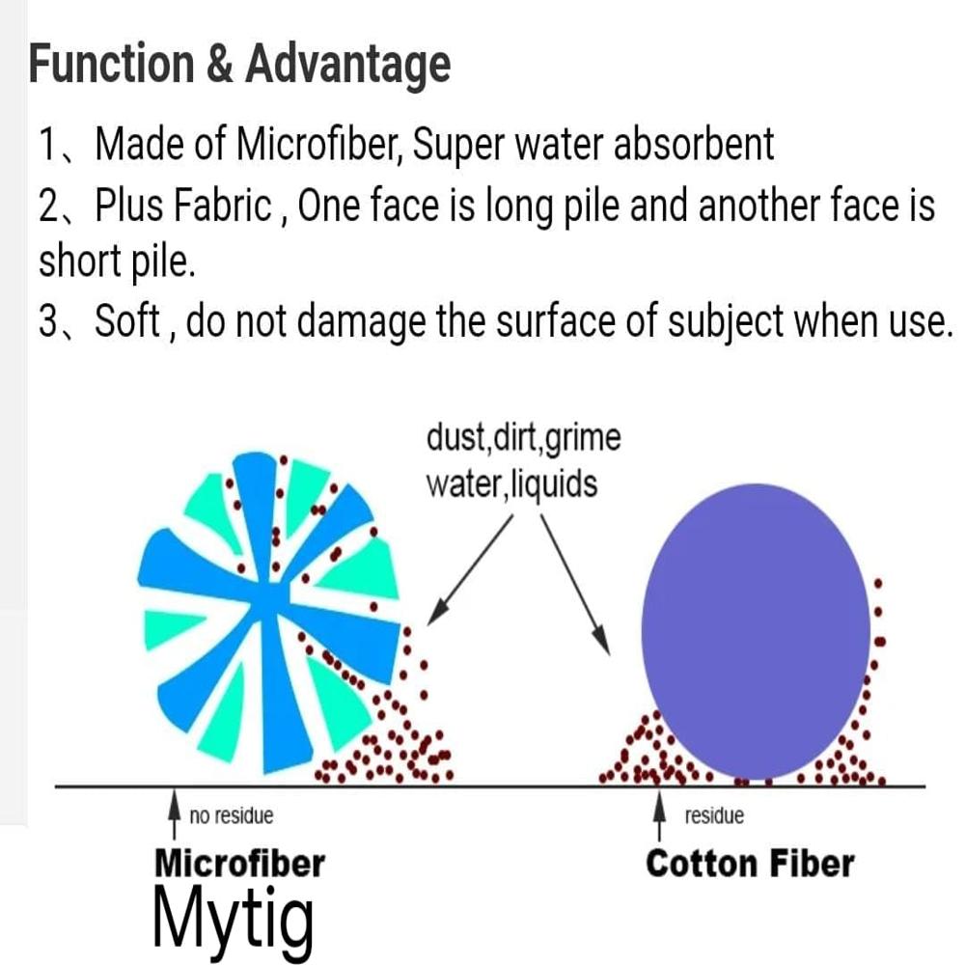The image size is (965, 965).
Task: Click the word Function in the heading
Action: [x=110, y=65]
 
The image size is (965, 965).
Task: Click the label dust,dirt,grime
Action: [x=523, y=438]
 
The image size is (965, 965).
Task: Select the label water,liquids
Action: [x=511, y=482]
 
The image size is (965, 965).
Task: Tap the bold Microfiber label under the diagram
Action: [x=239, y=862]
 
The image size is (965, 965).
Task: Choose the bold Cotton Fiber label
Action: [x=750, y=862]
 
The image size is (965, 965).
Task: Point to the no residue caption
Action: [x=232, y=816]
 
